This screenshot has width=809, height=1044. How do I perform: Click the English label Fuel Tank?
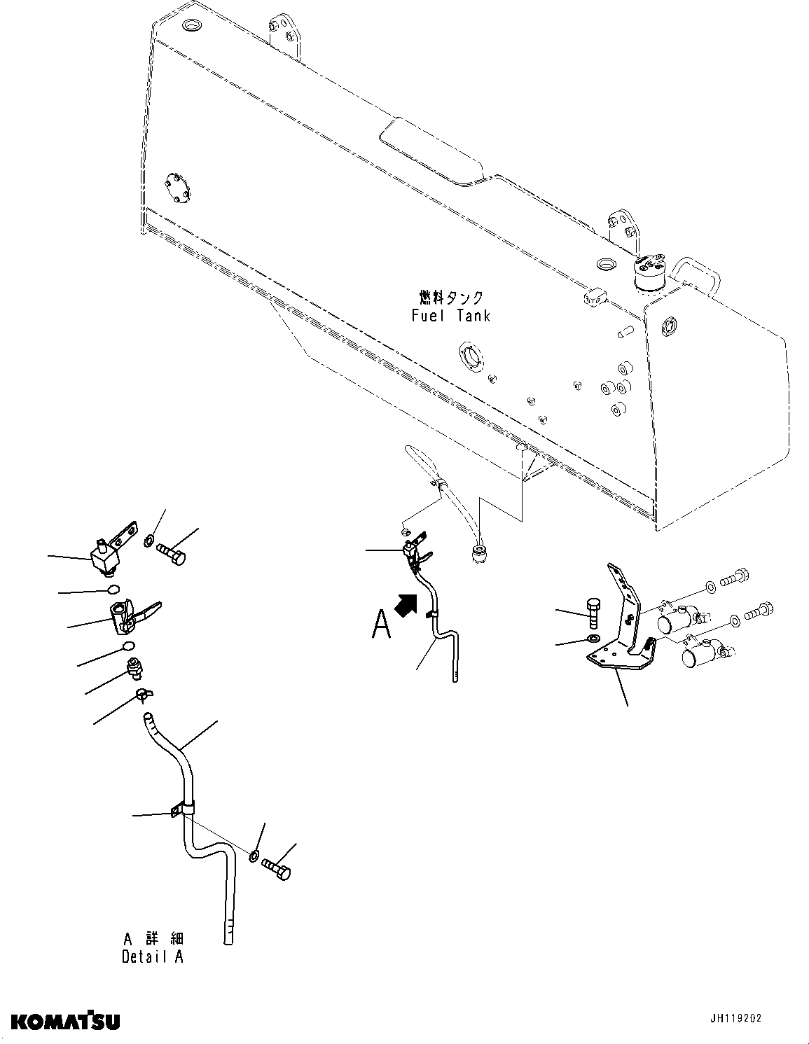pyautogui.click(x=450, y=315)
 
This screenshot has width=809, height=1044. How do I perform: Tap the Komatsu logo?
pyautogui.click(x=65, y=1021)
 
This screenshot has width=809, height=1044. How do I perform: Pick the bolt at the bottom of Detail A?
pyautogui.click(x=277, y=869)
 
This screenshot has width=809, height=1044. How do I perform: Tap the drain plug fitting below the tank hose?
pyautogui.click(x=478, y=554)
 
